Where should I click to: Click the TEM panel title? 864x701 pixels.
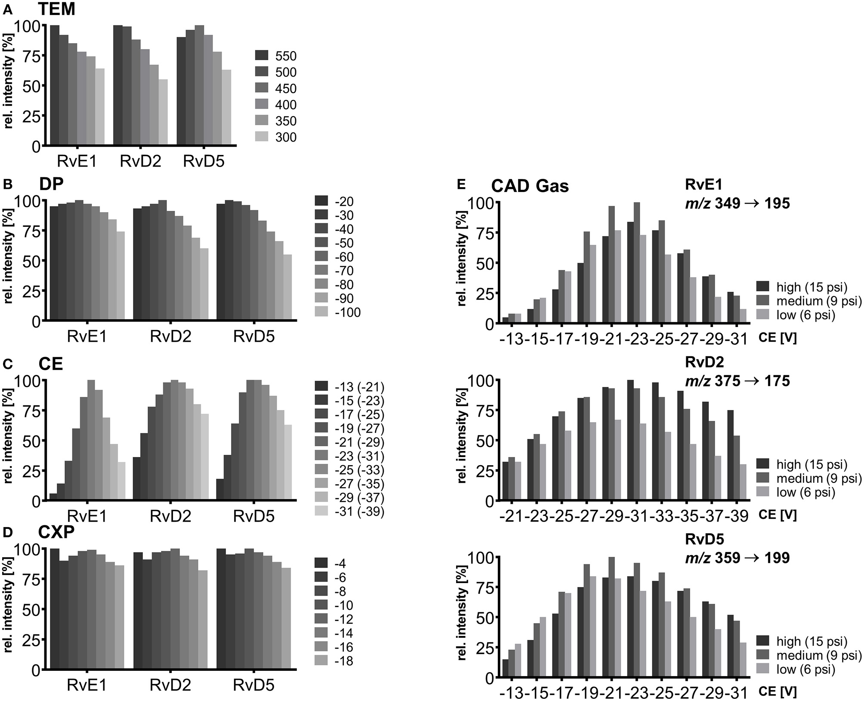(x=56, y=9)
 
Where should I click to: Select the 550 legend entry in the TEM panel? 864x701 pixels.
(x=276, y=56)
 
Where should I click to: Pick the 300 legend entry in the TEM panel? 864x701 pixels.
(x=276, y=137)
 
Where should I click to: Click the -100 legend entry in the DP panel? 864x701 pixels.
(x=338, y=312)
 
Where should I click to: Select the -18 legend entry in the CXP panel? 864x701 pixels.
(x=334, y=661)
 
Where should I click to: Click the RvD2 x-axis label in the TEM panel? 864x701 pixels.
(x=140, y=161)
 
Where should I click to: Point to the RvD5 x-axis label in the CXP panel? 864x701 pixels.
(x=254, y=685)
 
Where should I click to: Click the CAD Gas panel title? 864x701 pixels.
(x=530, y=186)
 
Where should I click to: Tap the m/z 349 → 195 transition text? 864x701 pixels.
(x=737, y=203)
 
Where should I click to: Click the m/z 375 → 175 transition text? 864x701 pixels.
(x=737, y=381)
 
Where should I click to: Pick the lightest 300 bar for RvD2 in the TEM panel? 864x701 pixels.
(x=163, y=113)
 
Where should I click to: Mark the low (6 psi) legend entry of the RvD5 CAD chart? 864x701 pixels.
(x=796, y=669)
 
